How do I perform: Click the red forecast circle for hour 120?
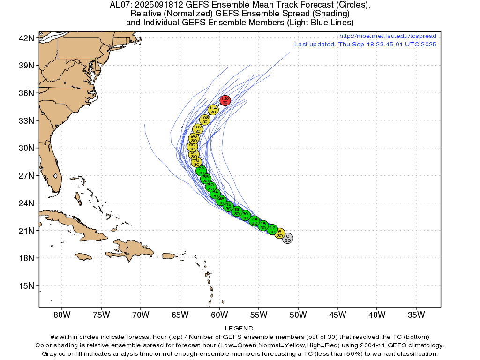[225, 100]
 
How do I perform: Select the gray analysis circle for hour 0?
[288, 238]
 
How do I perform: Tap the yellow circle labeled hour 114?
[213, 110]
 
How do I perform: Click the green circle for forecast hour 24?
[255, 221]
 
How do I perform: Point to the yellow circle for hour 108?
[205, 120]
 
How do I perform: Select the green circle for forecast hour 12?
[272, 230]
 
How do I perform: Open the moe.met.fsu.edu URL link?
[387, 36]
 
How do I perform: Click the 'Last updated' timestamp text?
[365, 45]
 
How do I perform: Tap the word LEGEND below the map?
[240, 329]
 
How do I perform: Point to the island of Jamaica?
[83, 256]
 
